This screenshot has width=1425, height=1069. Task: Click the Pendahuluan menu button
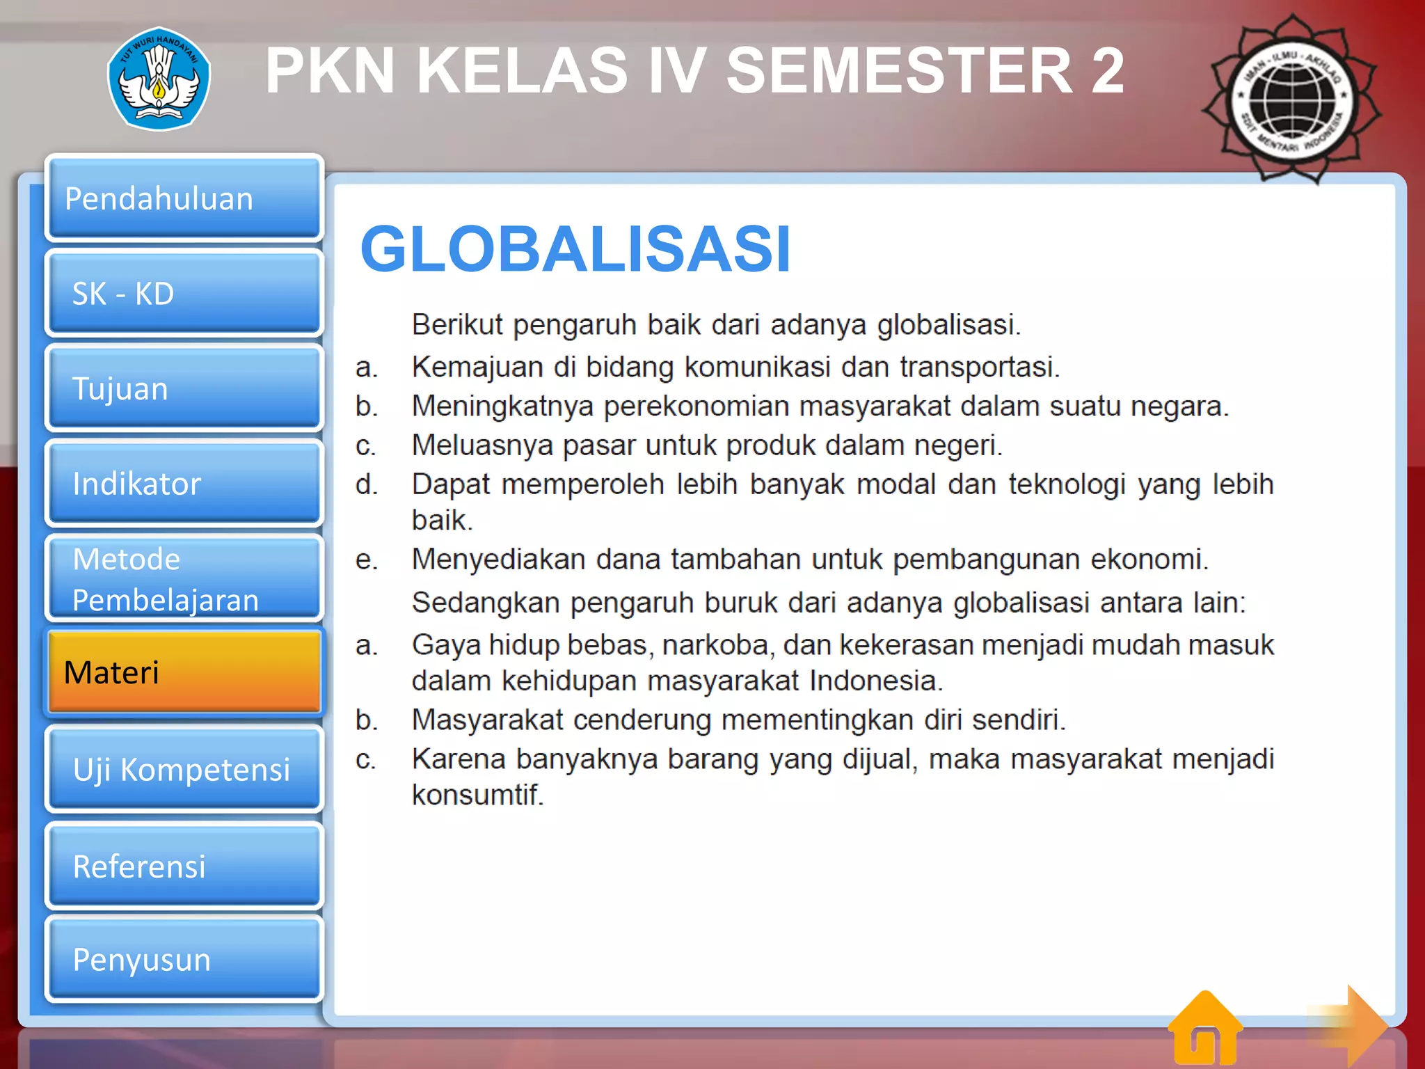(184, 198)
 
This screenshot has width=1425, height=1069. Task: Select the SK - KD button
(184, 293)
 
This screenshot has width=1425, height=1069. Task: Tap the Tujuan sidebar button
(184, 388)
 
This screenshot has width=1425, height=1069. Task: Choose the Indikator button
(184, 483)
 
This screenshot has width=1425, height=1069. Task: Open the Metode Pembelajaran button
(184, 579)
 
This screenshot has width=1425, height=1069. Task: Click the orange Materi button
(184, 672)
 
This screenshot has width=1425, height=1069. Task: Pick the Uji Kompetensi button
(184, 769)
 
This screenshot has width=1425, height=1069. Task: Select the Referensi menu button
(184, 866)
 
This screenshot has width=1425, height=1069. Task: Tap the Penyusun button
(184, 960)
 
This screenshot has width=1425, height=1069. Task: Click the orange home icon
(1205, 1030)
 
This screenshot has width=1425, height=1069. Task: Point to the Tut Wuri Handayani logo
(159, 79)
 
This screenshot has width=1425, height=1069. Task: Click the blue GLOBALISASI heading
(575, 249)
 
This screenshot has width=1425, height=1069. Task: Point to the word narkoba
(716, 645)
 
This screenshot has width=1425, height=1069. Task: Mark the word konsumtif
(477, 795)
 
